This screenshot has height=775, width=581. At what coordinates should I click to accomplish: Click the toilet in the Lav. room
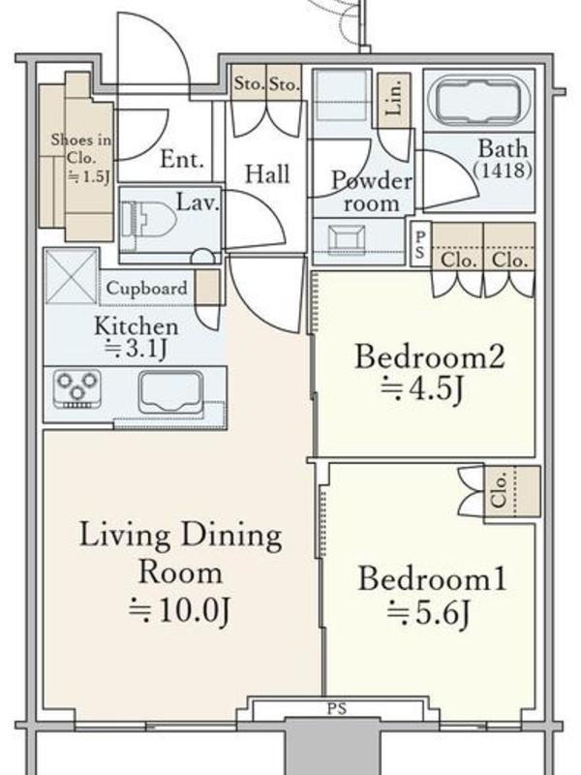click(x=148, y=219)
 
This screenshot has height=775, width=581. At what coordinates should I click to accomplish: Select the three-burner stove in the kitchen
click(x=77, y=388)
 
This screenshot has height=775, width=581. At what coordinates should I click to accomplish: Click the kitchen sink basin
click(x=171, y=392)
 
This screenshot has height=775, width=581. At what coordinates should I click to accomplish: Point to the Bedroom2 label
click(x=430, y=356)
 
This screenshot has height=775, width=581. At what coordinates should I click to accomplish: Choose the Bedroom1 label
click(x=432, y=578)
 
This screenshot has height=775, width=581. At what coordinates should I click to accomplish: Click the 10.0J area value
click(x=180, y=611)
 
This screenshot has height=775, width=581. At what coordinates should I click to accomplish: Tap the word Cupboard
click(x=147, y=288)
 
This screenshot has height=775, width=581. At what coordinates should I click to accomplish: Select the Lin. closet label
click(x=394, y=97)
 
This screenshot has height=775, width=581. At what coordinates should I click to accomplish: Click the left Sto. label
click(x=250, y=84)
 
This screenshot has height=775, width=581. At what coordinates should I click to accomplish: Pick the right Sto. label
click(x=284, y=84)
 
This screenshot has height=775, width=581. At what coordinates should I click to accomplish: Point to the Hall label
click(x=267, y=174)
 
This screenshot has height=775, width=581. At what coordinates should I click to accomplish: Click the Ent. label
click(x=182, y=159)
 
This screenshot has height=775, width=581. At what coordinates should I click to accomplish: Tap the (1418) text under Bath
click(x=503, y=170)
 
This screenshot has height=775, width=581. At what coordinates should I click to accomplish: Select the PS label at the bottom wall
click(x=336, y=709)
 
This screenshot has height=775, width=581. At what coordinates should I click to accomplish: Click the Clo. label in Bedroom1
click(x=499, y=491)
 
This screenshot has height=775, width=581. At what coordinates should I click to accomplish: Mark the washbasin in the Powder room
click(x=347, y=239)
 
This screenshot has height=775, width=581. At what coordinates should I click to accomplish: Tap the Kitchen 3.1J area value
click(x=137, y=349)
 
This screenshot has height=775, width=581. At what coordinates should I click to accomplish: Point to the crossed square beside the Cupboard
click(x=71, y=276)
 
